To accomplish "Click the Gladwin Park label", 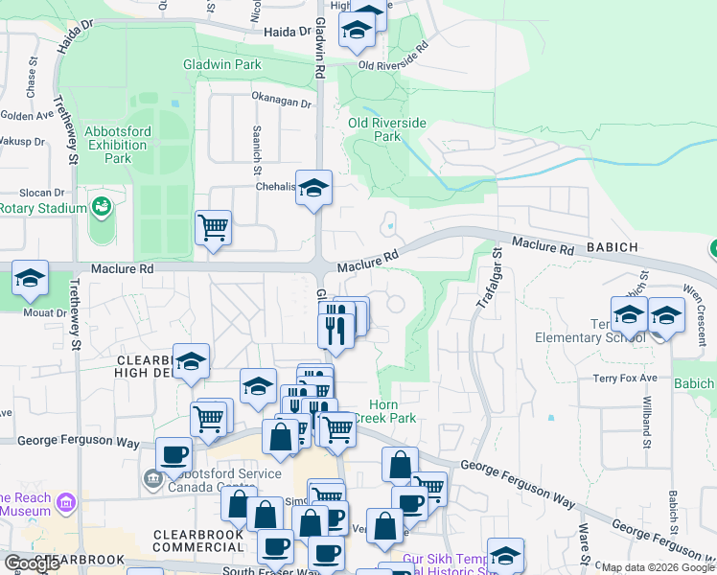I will pyautogui.click(x=221, y=64).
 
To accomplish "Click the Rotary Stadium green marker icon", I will pyautogui.click(x=100, y=206).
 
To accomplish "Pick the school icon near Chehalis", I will pyautogui.click(x=313, y=189).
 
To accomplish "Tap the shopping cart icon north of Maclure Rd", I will pyautogui.click(x=213, y=229).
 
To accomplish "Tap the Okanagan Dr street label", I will pyautogui.click(x=282, y=101).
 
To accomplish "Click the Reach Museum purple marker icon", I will pyautogui.click(x=65, y=502).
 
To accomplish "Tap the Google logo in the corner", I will pyautogui.click(x=32, y=563).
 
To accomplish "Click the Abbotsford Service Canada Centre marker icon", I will pyautogui.click(x=152, y=477).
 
